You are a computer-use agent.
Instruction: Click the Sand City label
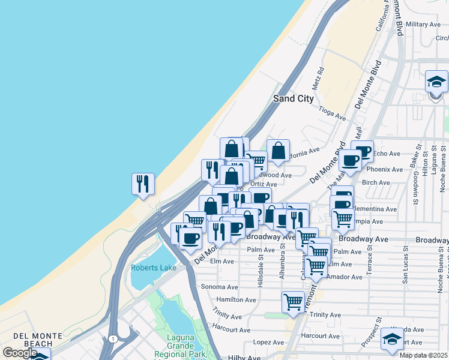(294, 98)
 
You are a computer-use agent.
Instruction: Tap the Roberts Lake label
(154, 268)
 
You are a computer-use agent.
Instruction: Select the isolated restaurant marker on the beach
(143, 184)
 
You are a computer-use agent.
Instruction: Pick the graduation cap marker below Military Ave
(436, 82)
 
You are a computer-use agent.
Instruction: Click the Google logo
(19, 353)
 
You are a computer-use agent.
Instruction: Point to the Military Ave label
(423, 25)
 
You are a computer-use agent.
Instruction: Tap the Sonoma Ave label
(219, 287)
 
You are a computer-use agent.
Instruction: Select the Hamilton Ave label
(236, 299)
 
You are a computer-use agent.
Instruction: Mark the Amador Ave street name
(346, 277)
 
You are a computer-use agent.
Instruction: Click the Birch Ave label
(376, 182)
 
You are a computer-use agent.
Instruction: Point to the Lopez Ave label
(268, 342)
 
